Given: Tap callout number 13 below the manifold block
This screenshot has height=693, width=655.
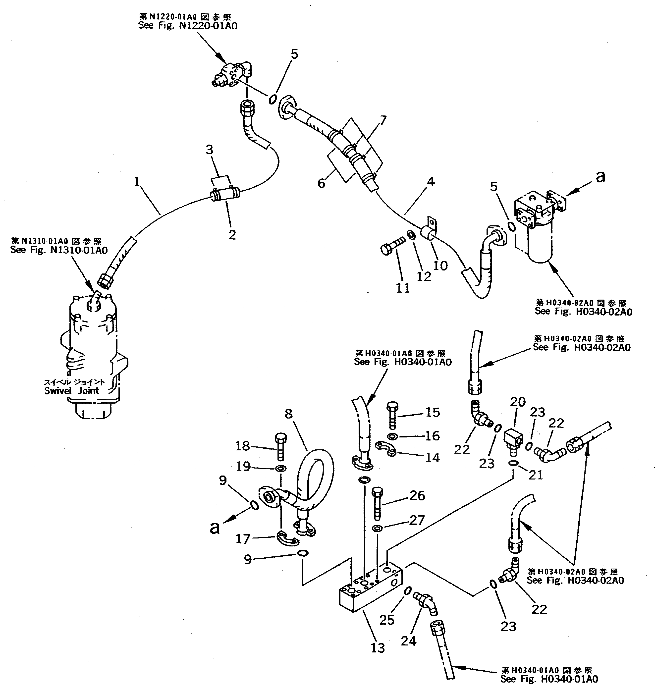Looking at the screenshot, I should point(378,648).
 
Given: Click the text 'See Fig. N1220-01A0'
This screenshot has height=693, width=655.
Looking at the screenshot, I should point(188,26).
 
